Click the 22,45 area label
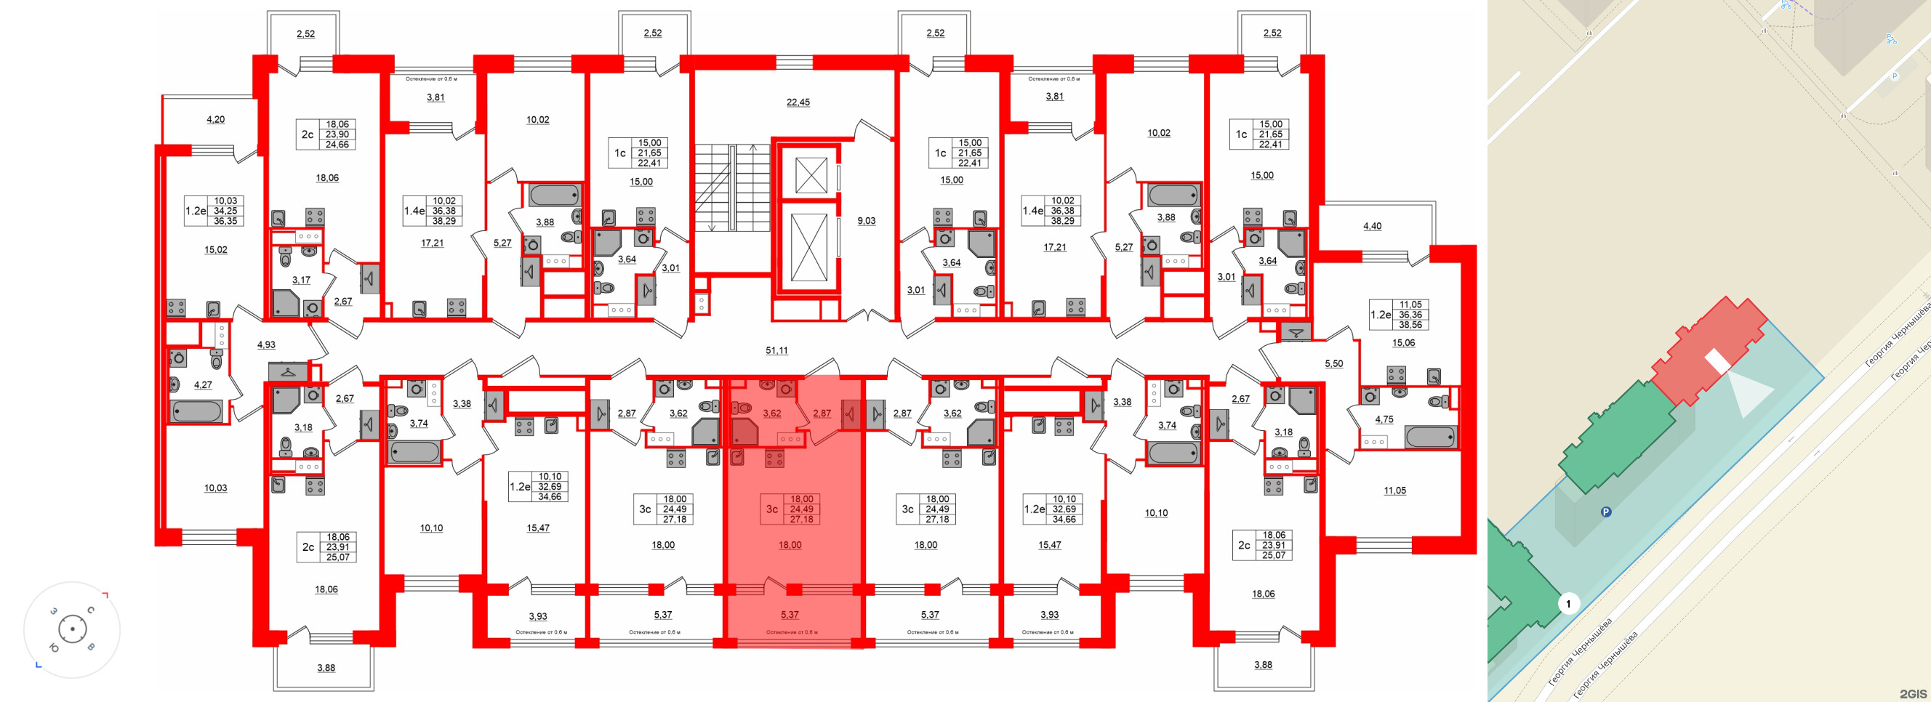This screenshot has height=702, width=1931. [798, 102]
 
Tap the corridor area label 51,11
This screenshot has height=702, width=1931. [776, 350]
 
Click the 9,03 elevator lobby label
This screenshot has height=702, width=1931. [866, 221]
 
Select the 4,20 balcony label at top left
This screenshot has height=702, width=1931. [215, 119]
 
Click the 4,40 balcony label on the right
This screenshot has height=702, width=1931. [1372, 226]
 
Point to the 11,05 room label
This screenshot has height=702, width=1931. [1394, 491]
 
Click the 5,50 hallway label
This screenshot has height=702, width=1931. [1333, 363]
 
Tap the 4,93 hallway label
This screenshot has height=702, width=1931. [266, 344]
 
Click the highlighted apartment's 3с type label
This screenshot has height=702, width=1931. [771, 509]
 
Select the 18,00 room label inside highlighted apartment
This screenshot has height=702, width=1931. [790, 545]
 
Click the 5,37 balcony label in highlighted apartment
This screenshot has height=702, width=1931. [790, 614]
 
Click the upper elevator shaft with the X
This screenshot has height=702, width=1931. [811, 175]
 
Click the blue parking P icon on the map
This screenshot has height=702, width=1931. [1606, 512]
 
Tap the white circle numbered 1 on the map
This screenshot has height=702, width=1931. [1568, 603]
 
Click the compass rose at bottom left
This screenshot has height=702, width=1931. [72, 629]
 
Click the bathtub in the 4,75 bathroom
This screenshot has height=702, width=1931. [1430, 437]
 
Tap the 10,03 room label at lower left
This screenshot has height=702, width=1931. [215, 488]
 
